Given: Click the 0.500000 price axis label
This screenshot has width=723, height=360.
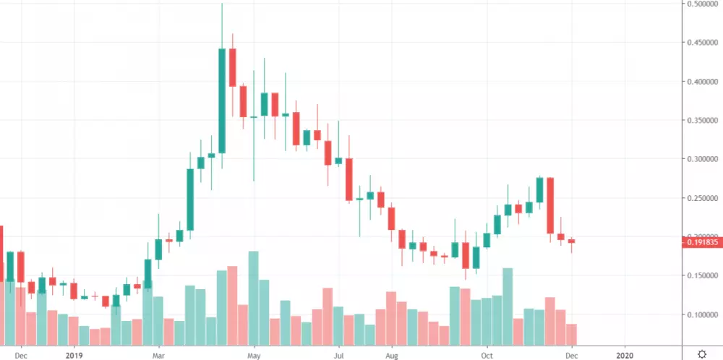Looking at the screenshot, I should point(701,4).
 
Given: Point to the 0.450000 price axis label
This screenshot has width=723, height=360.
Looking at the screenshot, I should point(701,42).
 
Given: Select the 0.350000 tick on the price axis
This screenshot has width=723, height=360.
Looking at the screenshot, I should point(701,120).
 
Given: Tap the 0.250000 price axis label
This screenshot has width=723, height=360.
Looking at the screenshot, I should point(701,198).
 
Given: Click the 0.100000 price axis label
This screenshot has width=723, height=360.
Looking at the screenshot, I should point(701,315).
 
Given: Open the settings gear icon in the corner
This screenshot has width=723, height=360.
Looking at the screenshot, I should point(702,354).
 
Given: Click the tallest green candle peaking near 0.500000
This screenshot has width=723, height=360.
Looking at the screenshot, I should point(222,100).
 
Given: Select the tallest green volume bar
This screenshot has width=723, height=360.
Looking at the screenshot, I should point(253,298).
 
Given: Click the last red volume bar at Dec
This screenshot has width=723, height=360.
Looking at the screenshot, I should point(571,334).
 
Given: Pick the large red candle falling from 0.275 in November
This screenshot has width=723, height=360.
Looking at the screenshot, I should point(550,205).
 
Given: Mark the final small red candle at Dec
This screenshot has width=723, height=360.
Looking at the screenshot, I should point(571,241).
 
